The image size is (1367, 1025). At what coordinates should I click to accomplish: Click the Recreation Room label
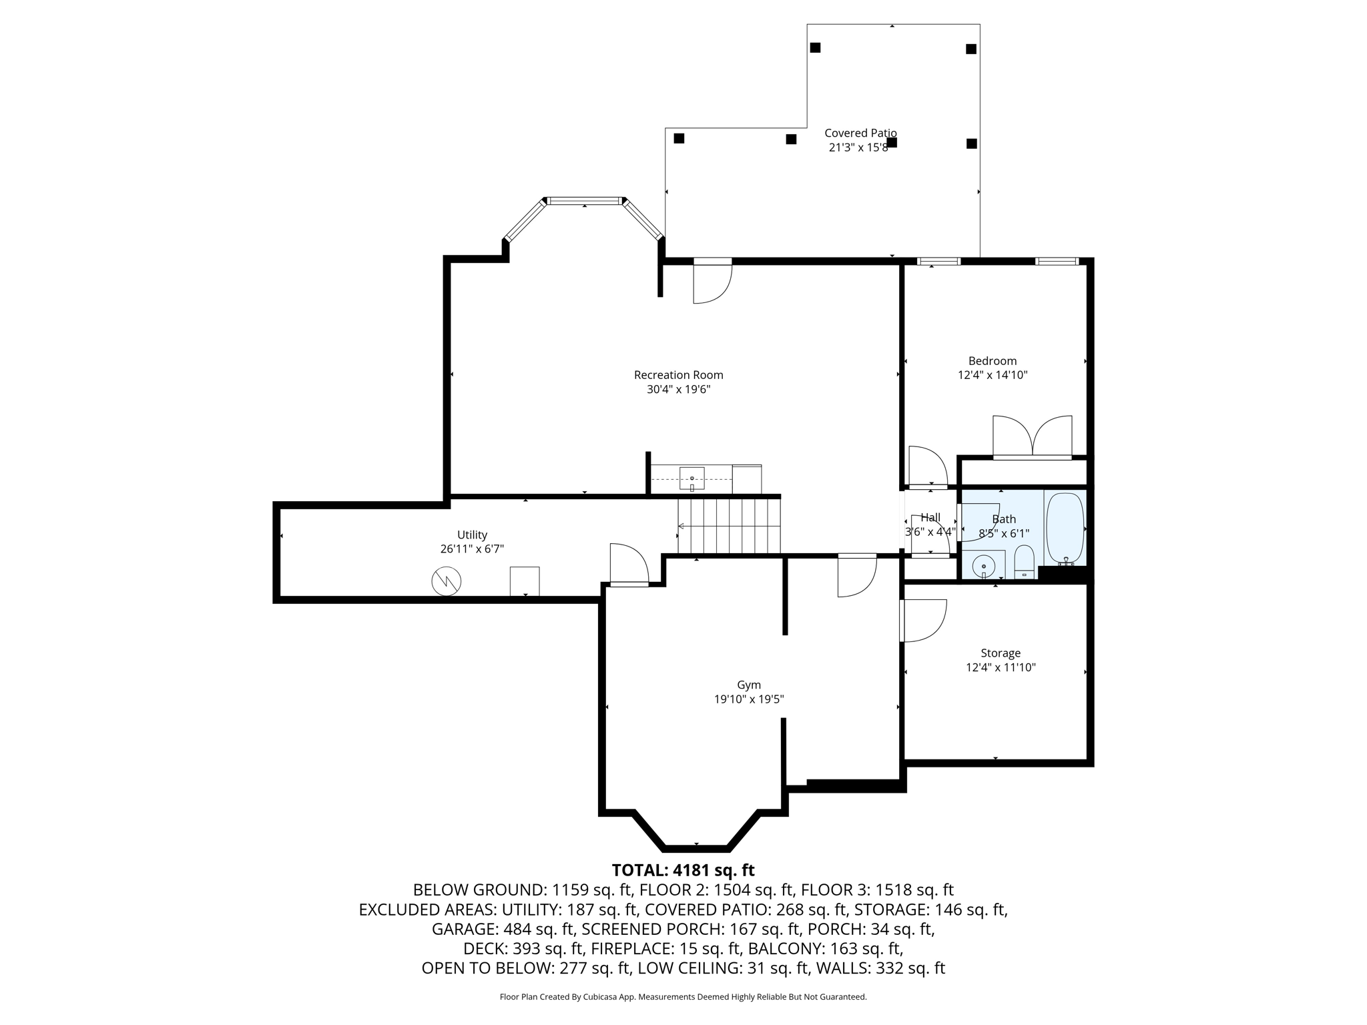click(x=678, y=375)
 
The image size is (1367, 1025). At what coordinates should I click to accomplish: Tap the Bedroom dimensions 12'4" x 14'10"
click(x=993, y=375)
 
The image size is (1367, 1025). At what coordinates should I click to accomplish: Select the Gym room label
click(x=749, y=685)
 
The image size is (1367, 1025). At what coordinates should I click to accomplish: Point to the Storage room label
click(x=1001, y=653)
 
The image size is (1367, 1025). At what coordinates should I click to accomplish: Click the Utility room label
click(x=472, y=535)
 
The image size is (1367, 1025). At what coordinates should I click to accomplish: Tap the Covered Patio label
click(x=860, y=133)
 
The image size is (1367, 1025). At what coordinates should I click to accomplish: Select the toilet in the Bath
click(x=1024, y=563)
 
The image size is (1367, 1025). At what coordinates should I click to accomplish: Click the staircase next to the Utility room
click(x=729, y=526)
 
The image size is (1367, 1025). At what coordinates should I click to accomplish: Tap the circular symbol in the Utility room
click(x=447, y=581)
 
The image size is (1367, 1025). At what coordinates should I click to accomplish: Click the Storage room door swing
click(x=923, y=621)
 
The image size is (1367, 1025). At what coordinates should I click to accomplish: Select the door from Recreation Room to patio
click(x=713, y=282)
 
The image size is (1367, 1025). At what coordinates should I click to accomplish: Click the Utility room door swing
click(x=629, y=565)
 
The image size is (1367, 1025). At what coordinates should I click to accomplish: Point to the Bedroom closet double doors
click(x=1033, y=437)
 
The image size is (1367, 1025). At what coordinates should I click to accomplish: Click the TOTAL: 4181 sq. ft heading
click(x=683, y=870)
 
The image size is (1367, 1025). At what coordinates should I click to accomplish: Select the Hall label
click(x=930, y=517)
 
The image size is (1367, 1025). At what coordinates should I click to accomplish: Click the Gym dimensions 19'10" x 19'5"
click(x=749, y=699)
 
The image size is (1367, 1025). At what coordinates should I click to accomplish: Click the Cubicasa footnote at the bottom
click(x=683, y=997)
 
